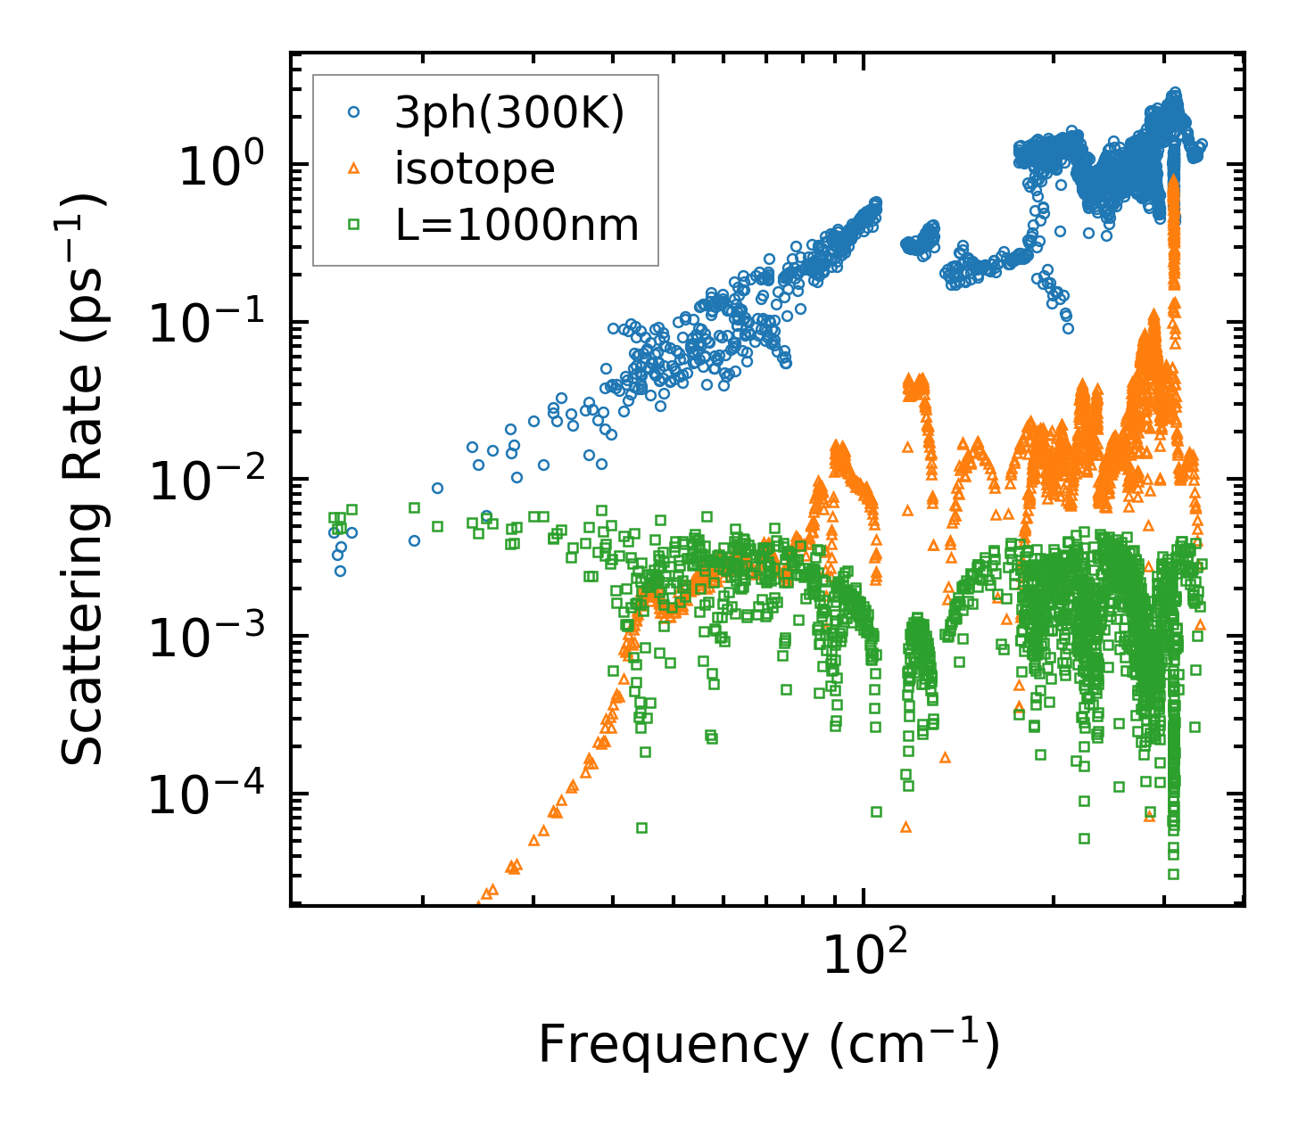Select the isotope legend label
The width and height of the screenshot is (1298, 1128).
pyautogui.click(x=475, y=169)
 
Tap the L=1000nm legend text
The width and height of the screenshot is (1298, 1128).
pyautogui.click(x=517, y=226)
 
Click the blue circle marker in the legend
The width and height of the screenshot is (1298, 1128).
pyautogui.click(x=354, y=112)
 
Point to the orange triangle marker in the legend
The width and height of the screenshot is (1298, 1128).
pyautogui.click(x=354, y=169)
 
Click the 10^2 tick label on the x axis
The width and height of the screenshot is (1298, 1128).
pyautogui.click(x=862, y=955)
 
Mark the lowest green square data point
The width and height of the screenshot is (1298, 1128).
pyautogui.click(x=1173, y=874)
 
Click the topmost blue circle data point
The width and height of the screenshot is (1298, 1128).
pyautogui.click(x=1175, y=93)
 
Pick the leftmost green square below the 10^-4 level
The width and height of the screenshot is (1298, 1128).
pyautogui.click(x=641, y=828)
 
